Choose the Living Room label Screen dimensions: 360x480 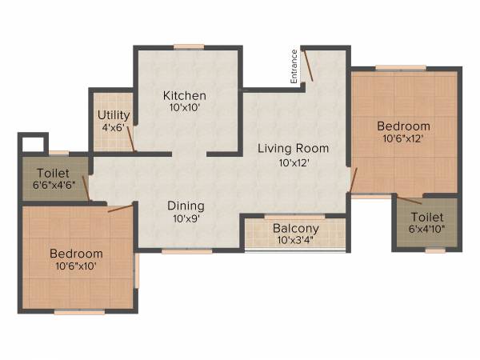293,148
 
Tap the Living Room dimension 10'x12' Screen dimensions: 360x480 294,162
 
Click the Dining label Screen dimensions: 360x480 186,205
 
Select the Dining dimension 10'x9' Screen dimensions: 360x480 186,218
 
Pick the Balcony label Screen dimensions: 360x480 295,228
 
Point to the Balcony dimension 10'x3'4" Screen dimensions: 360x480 295,240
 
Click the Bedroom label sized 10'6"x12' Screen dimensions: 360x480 404,126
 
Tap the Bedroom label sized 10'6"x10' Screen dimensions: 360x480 76,254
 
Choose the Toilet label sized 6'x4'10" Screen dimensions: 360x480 426,217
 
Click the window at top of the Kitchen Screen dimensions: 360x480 188,46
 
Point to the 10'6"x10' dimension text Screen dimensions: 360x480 76,266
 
